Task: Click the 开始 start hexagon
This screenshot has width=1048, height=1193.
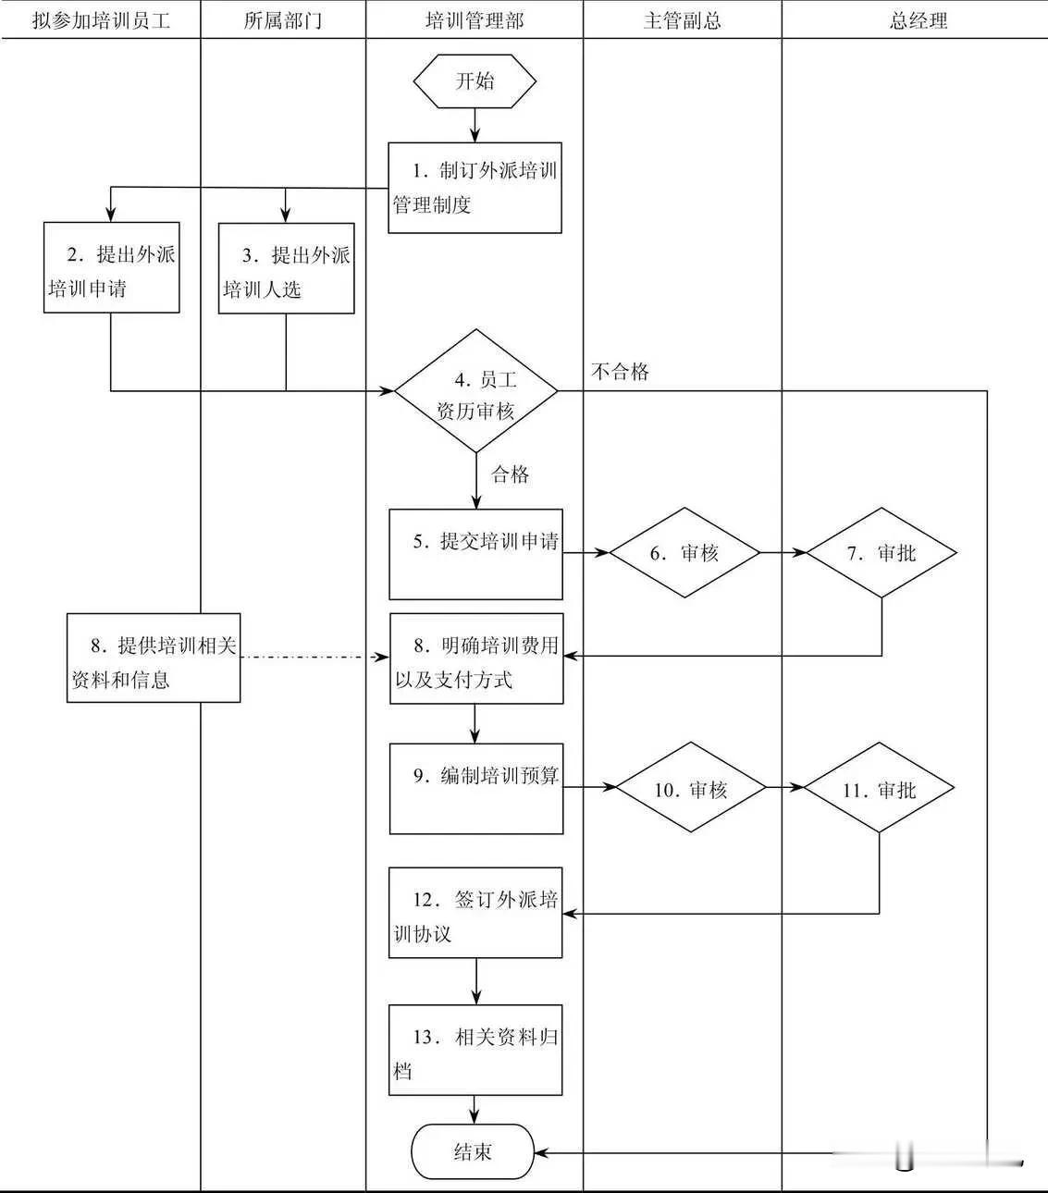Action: point(475,81)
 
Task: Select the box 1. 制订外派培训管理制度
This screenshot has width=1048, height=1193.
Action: point(475,188)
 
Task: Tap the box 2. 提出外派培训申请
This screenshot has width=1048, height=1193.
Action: point(111,268)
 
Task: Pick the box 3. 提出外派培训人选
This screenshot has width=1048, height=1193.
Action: point(286,269)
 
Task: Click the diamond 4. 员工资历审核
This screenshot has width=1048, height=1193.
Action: point(475,392)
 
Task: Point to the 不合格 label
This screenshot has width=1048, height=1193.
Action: point(620,372)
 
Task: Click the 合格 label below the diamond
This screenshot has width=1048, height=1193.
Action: point(510,474)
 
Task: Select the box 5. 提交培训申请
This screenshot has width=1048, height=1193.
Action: point(475,554)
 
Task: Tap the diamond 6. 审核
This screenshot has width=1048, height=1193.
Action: point(684,553)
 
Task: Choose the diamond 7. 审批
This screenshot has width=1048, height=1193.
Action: point(882,553)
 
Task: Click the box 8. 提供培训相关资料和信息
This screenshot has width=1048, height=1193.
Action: point(154,658)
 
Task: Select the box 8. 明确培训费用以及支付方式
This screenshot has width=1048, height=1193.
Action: point(476,658)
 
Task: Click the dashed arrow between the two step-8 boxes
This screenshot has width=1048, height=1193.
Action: point(314,658)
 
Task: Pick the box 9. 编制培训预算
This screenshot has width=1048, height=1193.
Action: point(476,789)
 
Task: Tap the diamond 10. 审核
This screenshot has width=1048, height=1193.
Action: point(691,789)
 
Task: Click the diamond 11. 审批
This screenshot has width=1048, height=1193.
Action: point(879,789)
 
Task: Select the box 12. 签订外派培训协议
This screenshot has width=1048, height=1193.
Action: point(475,913)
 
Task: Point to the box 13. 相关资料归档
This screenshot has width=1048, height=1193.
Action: point(475,1050)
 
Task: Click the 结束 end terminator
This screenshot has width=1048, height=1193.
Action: point(473,1152)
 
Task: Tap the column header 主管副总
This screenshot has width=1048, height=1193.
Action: point(682,20)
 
